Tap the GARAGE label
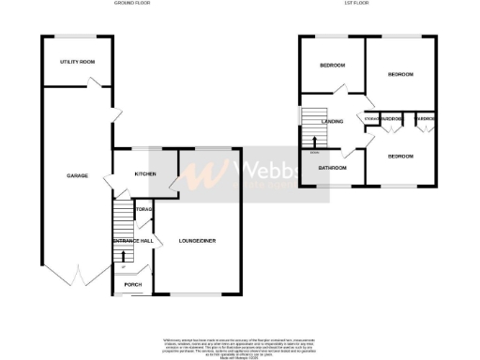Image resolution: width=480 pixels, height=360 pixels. [x=77, y=176]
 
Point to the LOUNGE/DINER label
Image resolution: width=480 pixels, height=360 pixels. [x=197, y=242]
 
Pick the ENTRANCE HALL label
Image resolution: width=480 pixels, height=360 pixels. [x=131, y=242]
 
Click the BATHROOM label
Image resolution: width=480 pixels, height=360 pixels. [x=332, y=168]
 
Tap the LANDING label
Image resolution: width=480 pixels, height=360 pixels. [x=332, y=122]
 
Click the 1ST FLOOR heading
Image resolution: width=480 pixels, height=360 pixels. [x=367, y=4]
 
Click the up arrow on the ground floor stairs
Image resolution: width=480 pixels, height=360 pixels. [x=124, y=255]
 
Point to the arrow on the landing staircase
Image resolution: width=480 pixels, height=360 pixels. [x=314, y=140]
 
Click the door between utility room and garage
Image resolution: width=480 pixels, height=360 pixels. [x=94, y=85]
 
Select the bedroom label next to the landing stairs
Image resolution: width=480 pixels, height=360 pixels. [x=333, y=66]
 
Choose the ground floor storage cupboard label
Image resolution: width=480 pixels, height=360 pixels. [x=143, y=209]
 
